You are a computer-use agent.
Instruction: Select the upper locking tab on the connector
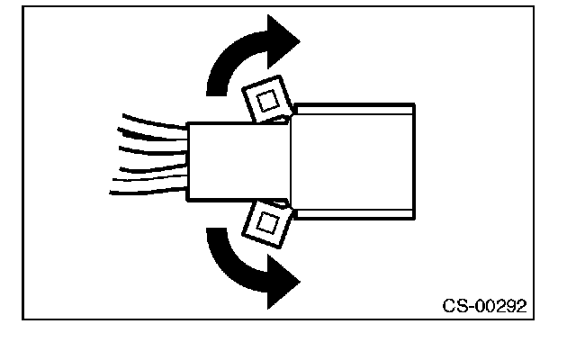click(267, 102)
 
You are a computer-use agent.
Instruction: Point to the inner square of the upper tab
click(266, 102)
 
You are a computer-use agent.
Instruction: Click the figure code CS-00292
click(484, 305)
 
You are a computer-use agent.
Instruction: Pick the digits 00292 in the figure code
click(500, 305)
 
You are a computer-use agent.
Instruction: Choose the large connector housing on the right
click(354, 160)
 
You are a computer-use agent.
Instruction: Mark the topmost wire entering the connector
click(153, 121)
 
